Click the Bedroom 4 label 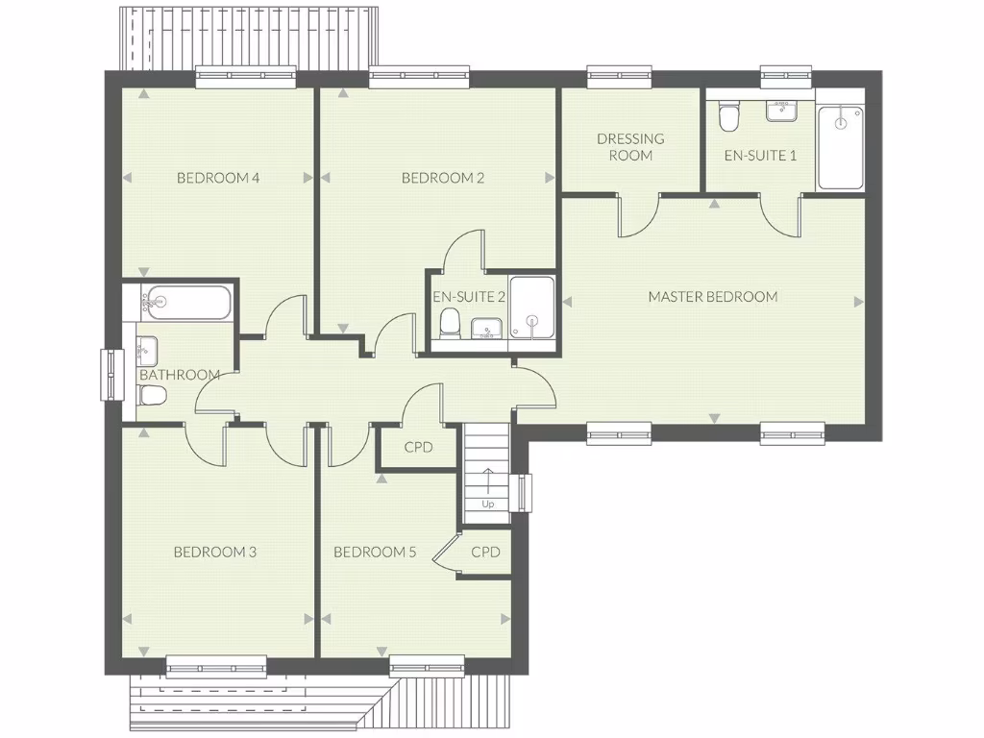pos(219,178)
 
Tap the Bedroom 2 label pos(442,178)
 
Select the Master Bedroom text pos(712,297)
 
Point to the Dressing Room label pos(630,147)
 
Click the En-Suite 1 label pos(759,155)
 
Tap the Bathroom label pos(180,375)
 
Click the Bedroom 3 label pos(214,553)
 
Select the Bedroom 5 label pos(375,553)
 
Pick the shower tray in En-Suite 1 pos(840,147)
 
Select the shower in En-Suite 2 pos(531,307)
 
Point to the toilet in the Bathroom pos(154,396)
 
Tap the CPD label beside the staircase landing pos(418,447)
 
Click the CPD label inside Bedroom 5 pos(485,553)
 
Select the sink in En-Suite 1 pos(783,111)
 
